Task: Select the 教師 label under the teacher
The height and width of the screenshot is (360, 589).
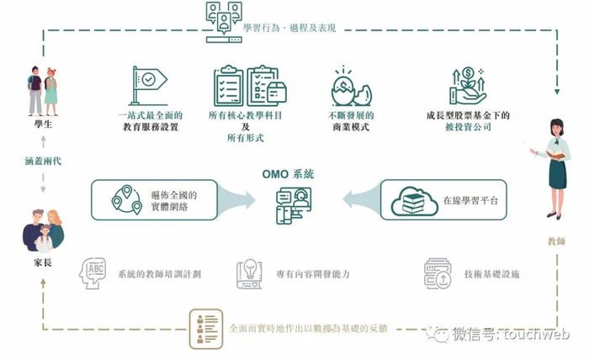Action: tap(556, 241)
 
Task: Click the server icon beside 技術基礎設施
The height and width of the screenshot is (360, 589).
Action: tap(437, 273)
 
